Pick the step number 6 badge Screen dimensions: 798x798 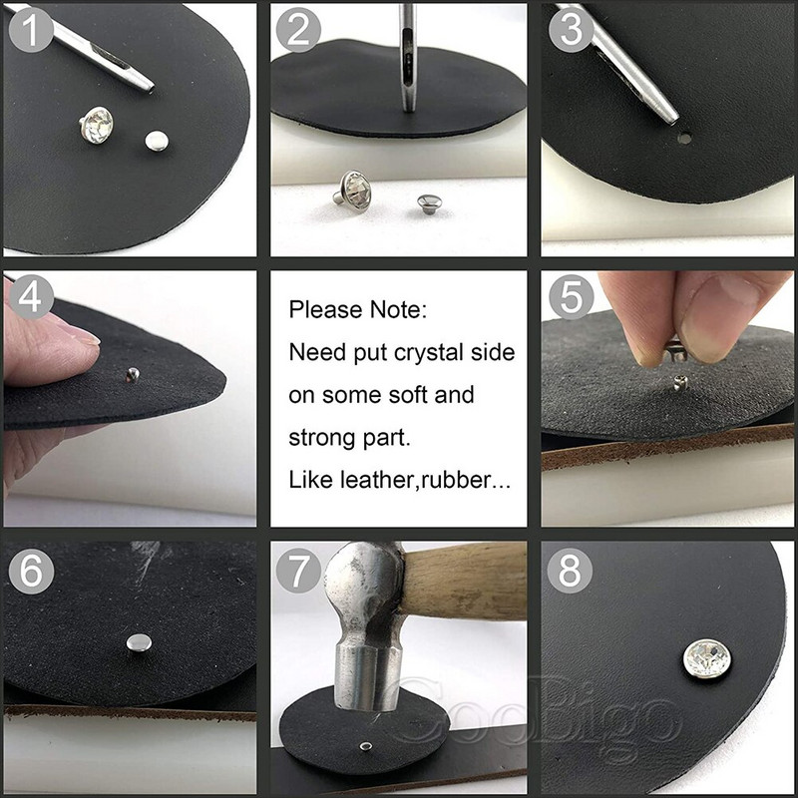(x=30, y=570)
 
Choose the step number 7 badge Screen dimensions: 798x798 (x=298, y=570)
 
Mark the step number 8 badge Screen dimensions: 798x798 (x=571, y=570)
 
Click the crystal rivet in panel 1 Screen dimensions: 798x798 (x=97, y=125)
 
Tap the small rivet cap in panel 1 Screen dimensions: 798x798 (x=156, y=142)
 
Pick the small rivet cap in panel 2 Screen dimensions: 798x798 (x=430, y=202)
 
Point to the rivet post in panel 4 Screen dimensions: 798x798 (x=132, y=375)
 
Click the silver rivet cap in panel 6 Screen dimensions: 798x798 (x=139, y=643)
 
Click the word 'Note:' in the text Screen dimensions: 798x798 (x=399, y=310)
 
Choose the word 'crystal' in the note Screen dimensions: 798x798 (x=433, y=353)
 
